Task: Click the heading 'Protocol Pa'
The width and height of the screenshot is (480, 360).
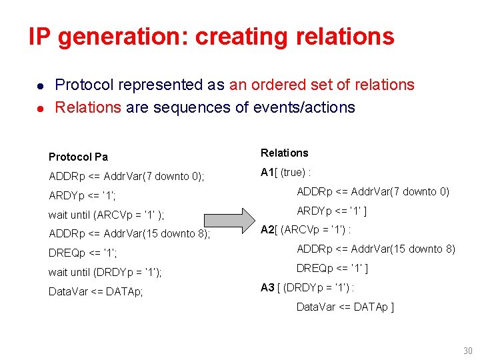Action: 78,157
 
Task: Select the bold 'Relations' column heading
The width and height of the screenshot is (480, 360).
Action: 285,153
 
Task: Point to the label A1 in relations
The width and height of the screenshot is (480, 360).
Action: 267,173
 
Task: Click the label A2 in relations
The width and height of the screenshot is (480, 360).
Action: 267,230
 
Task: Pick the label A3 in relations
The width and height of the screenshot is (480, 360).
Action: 267,287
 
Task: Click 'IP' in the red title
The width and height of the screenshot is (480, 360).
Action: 40,37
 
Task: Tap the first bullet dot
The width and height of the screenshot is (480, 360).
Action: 41,86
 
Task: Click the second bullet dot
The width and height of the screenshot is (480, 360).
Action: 41,108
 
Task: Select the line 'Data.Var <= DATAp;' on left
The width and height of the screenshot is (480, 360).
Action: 96,291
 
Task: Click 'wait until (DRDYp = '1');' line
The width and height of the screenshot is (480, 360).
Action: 105,272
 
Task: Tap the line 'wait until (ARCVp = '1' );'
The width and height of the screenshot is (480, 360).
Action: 107,215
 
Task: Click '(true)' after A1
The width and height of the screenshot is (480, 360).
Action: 293,173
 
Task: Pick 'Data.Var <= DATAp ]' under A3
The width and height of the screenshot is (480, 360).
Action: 345,307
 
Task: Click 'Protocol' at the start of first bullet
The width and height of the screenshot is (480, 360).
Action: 84,85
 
